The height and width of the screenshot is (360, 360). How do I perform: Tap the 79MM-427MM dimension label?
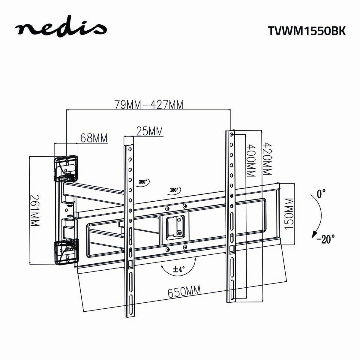(149, 105)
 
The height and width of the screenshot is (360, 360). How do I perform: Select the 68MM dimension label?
(94, 138)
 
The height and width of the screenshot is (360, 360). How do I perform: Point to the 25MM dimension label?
(149, 131)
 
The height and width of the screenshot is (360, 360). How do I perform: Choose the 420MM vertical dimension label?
(266, 159)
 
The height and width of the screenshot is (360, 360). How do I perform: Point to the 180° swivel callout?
(174, 190)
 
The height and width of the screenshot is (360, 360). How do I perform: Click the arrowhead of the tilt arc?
(314, 234)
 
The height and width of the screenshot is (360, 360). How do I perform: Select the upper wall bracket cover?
(66, 168)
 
